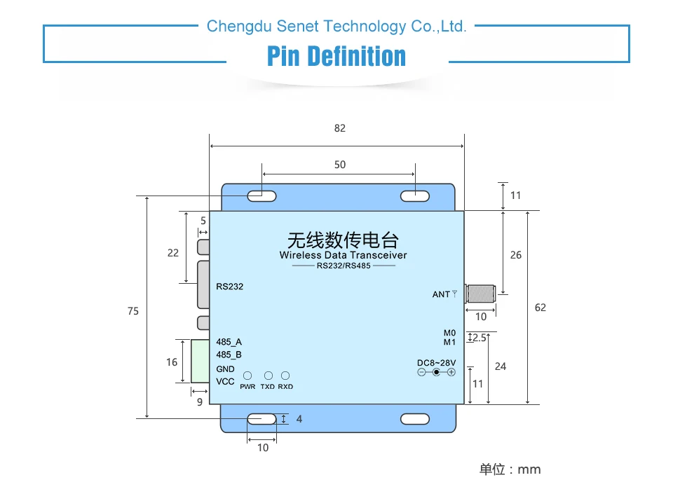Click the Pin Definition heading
point(336,56)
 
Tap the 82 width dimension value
point(340,128)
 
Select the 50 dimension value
point(340,165)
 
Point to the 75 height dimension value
point(133,311)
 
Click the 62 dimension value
point(540,308)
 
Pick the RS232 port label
point(230,286)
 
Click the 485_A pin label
point(229,342)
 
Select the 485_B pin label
point(229,355)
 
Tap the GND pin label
point(225,369)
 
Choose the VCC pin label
point(225,382)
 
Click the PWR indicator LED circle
point(248,376)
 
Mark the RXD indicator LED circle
point(285,376)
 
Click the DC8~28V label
point(436,362)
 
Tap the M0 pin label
point(449,333)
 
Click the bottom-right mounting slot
point(414,419)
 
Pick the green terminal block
point(200,361)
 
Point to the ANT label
point(441,294)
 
